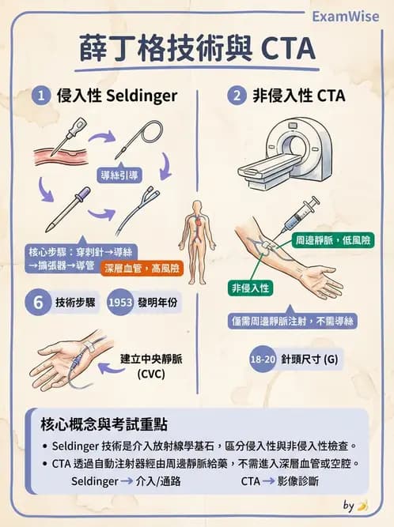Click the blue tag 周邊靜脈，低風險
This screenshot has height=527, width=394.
(x=324, y=239)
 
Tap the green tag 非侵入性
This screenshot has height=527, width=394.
(x=250, y=287)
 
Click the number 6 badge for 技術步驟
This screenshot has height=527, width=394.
(x=37, y=303)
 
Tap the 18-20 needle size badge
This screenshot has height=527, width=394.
(x=263, y=359)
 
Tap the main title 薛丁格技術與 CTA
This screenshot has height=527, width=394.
(x=197, y=49)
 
